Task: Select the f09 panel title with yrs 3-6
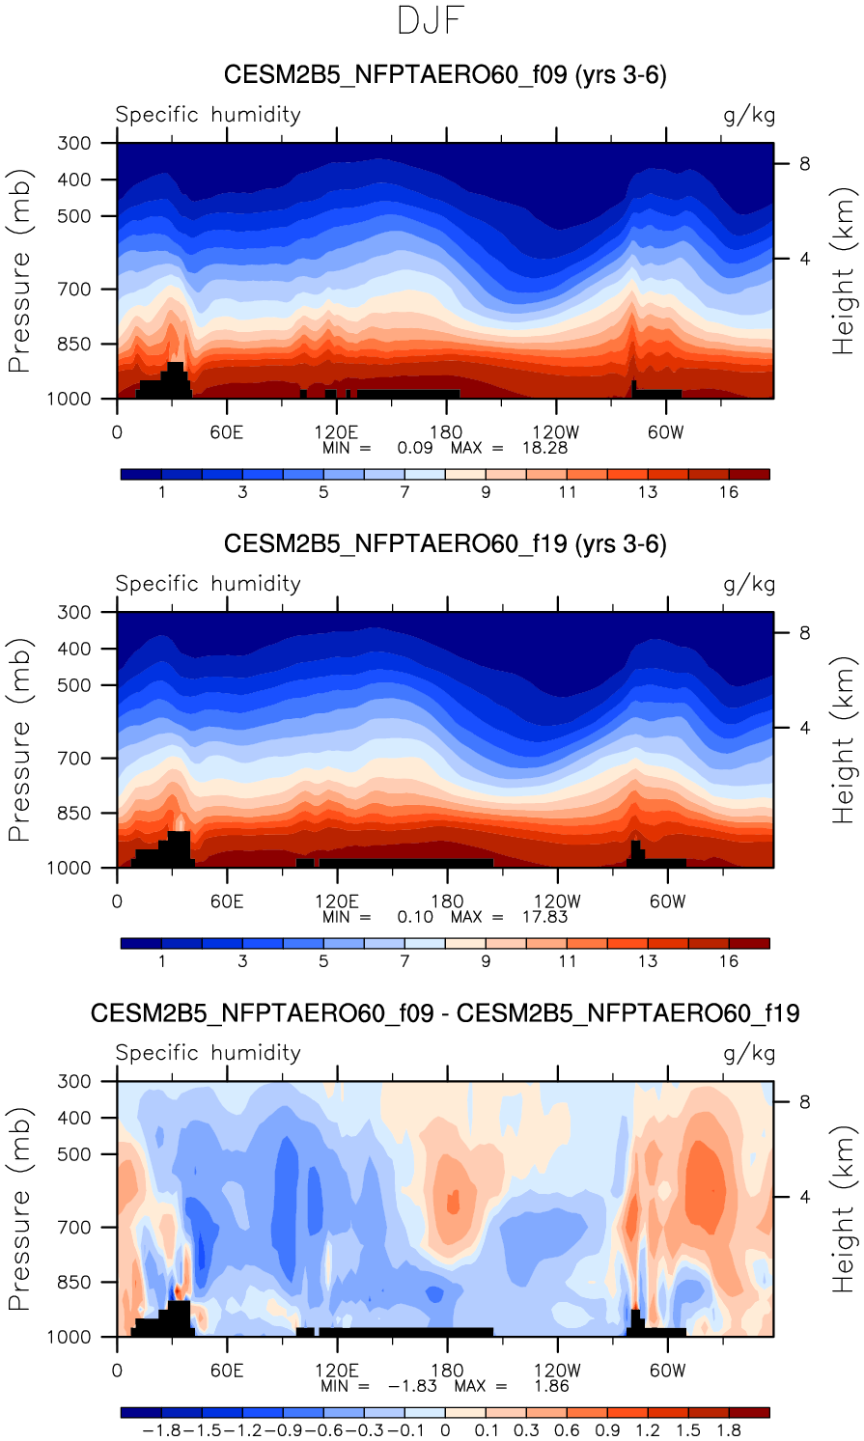[445, 75]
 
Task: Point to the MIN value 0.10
[415, 917]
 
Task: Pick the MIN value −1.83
[412, 1386]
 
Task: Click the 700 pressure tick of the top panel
[75, 290]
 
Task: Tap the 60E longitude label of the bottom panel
[227, 1371]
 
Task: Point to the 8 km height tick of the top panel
[804, 164]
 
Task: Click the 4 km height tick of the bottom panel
[804, 1198]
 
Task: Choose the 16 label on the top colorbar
[729, 492]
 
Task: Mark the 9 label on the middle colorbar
[486, 961]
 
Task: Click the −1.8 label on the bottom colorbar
[160, 1430]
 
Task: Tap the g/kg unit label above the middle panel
[749, 585]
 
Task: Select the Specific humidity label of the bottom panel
[209, 1053]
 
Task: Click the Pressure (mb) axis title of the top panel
[20, 271]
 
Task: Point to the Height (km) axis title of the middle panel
[844, 740]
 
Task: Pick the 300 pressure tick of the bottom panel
[75, 1082]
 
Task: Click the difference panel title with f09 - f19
[445, 1013]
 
